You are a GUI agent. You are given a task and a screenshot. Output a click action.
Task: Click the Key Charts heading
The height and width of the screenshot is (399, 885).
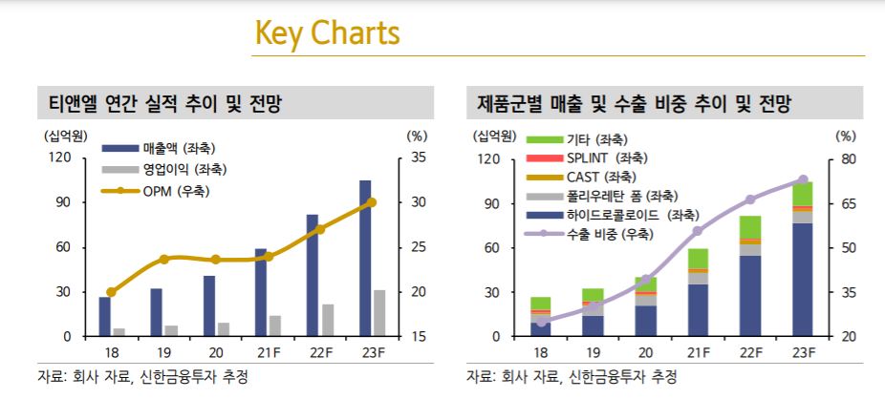click(326, 34)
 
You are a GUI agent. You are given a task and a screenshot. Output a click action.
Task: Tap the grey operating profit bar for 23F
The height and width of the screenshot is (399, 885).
click(379, 313)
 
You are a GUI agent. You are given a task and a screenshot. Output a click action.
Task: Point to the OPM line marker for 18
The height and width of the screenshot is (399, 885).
click(111, 292)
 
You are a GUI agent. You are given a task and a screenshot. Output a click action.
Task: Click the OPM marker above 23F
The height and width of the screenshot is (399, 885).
click(372, 202)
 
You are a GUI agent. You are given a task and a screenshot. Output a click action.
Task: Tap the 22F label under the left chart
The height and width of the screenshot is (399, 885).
click(319, 352)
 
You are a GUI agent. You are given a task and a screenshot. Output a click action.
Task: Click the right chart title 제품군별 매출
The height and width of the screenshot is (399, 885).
click(635, 102)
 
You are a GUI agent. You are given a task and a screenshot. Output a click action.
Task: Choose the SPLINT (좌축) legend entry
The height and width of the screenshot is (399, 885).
click(607, 157)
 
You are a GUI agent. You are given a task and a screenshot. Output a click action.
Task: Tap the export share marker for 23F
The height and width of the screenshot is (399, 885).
click(803, 179)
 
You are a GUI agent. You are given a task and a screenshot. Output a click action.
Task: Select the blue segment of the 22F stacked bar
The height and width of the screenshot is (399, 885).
click(750, 296)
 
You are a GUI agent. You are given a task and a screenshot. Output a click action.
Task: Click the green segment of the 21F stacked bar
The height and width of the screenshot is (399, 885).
click(698, 259)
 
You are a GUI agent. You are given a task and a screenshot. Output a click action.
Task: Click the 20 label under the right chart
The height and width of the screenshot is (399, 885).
click(645, 352)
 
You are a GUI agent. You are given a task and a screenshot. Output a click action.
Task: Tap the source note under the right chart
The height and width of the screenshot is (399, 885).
click(572, 376)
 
